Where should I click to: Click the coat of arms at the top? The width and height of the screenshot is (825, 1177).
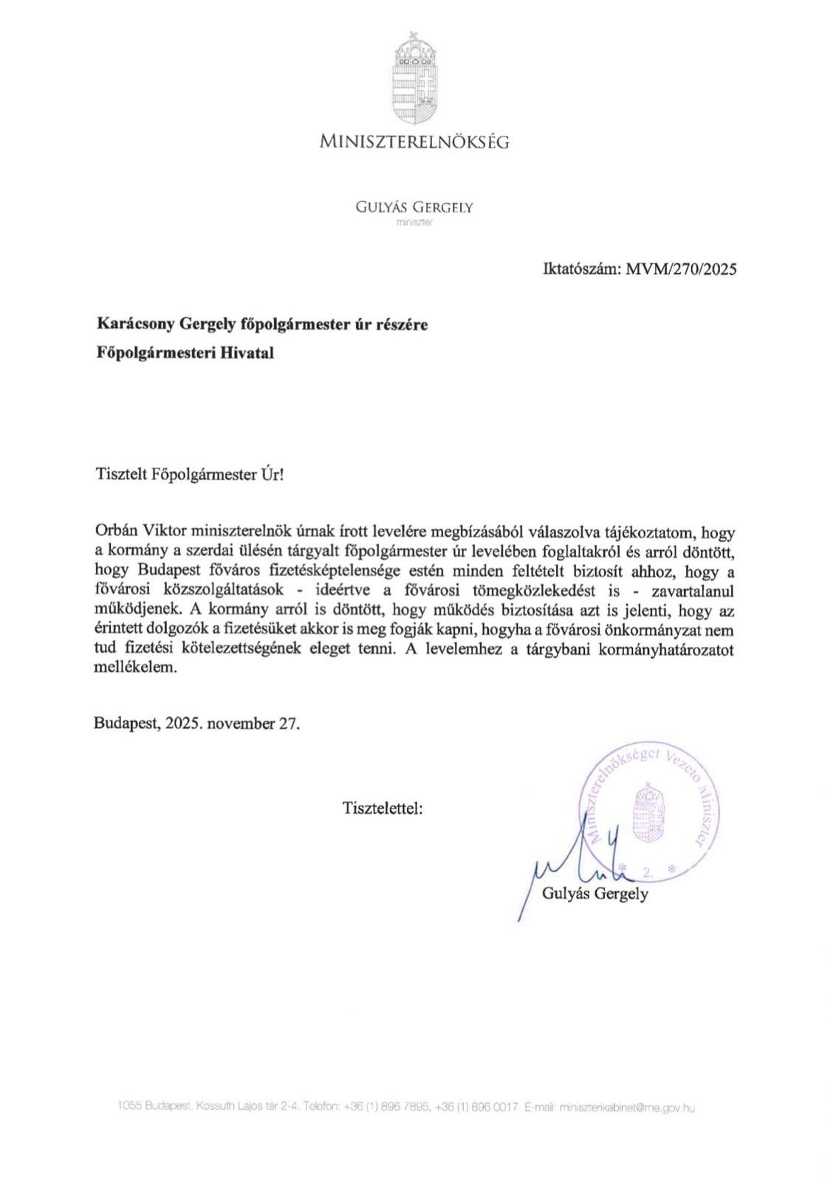(x=413, y=79)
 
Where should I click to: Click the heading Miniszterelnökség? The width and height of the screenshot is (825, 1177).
(x=414, y=142)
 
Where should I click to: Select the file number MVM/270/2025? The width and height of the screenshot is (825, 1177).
(x=681, y=269)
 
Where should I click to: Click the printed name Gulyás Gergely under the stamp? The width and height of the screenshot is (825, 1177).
(x=595, y=894)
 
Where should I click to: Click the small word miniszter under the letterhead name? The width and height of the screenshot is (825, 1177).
(x=414, y=222)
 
